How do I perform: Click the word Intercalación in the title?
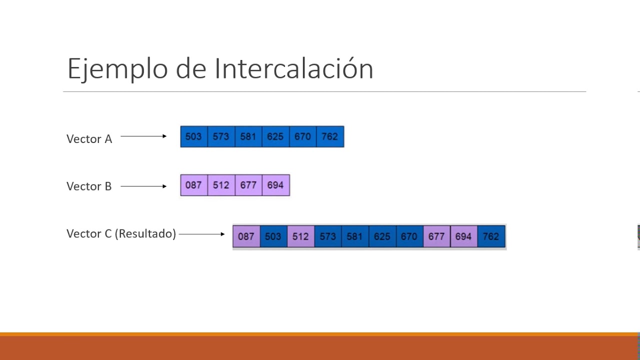(x=294, y=68)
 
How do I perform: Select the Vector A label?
(x=89, y=139)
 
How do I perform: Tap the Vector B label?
(x=89, y=186)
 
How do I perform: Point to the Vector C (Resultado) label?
(x=121, y=233)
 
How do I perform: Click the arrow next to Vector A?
(x=143, y=136)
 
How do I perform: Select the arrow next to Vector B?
(x=143, y=186)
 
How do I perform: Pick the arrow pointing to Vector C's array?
(x=201, y=234)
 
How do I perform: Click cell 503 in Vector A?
(x=193, y=136)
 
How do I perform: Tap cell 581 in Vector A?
(x=248, y=136)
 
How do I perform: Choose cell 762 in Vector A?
(x=330, y=136)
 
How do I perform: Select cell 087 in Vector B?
(x=193, y=185)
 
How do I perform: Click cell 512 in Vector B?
(x=221, y=185)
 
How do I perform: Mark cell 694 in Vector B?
(x=275, y=185)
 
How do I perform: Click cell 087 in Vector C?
(x=246, y=236)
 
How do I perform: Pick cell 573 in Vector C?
(x=327, y=236)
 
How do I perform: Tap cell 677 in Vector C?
(x=436, y=236)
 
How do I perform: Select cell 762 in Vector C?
(x=491, y=236)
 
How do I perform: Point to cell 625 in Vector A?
(x=275, y=136)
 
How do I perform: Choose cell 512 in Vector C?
(x=300, y=236)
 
